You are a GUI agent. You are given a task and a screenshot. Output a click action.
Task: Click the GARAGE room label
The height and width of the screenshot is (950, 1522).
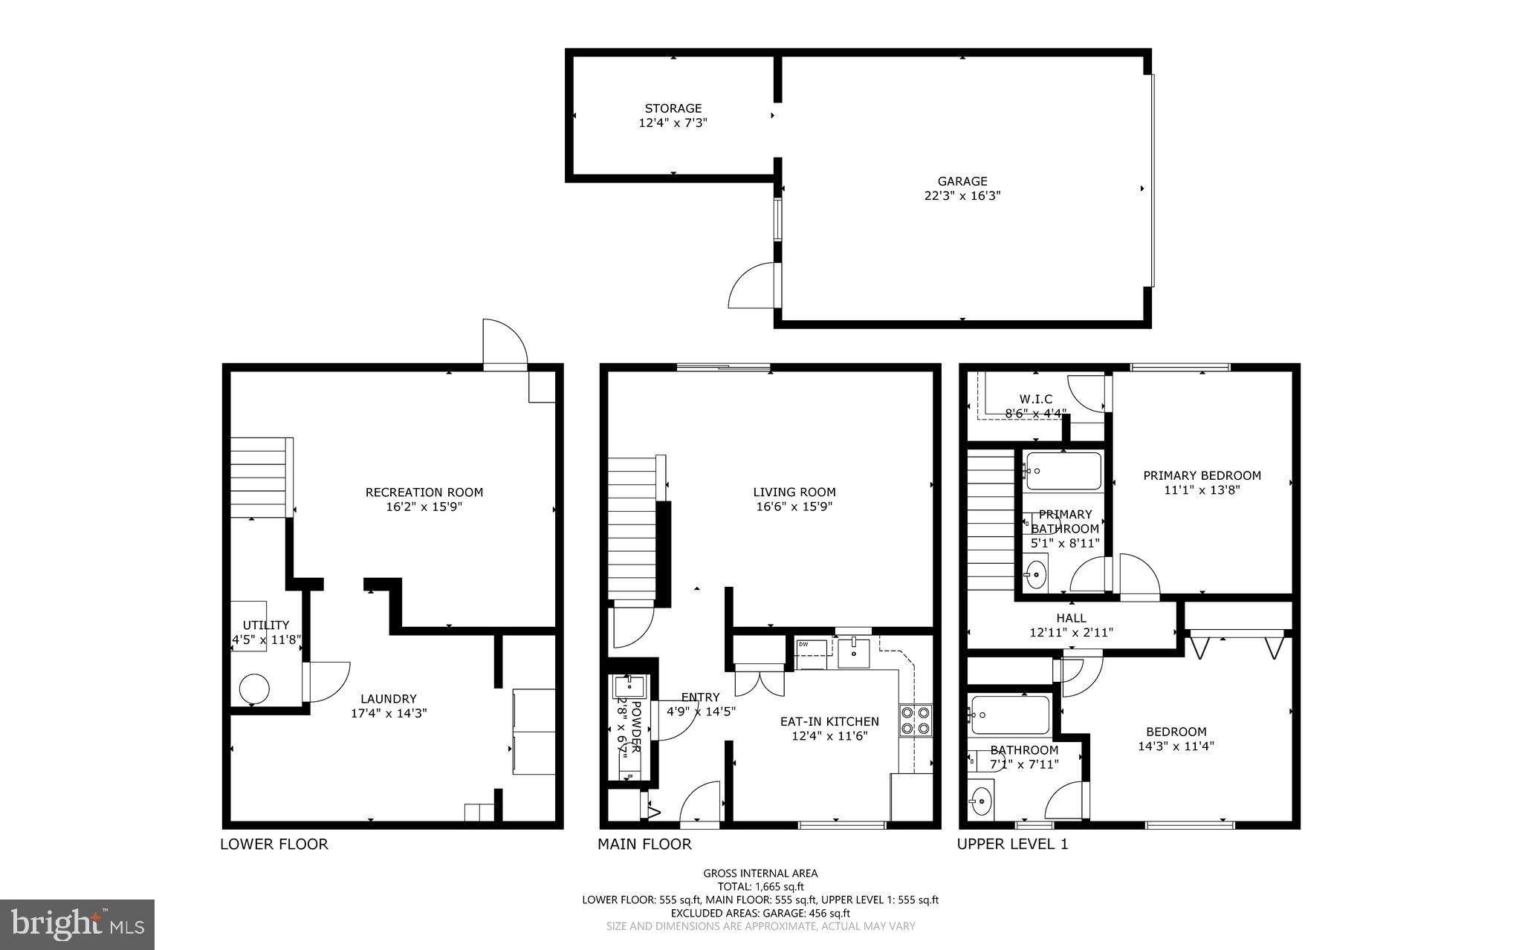962,181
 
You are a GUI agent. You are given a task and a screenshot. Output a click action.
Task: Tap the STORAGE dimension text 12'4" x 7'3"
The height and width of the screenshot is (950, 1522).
673,123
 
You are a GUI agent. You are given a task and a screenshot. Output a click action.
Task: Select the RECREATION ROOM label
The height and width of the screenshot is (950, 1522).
424,492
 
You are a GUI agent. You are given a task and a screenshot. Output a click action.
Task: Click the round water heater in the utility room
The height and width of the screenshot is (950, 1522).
253,689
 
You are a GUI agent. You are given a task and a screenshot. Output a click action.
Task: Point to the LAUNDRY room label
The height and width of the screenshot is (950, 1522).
388,699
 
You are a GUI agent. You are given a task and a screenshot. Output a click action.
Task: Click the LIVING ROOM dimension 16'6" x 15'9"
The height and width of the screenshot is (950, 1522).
794,507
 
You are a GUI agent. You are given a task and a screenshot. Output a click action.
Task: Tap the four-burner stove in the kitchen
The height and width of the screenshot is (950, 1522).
915,720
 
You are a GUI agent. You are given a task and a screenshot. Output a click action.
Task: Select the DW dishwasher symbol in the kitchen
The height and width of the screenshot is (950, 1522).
813,648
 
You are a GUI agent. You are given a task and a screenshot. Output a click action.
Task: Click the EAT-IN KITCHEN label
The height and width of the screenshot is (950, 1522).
829,721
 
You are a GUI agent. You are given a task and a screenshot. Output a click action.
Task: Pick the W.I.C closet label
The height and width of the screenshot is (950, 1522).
1035,400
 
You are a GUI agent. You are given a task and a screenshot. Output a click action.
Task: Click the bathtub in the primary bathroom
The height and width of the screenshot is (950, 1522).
1063,471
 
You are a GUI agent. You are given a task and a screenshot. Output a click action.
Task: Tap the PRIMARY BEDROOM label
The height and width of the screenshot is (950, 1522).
1201,475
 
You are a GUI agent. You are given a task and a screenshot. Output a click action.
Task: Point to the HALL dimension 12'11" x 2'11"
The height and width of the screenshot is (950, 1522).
1071,633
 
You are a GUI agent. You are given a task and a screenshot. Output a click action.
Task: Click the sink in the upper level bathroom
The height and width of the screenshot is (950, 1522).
981,801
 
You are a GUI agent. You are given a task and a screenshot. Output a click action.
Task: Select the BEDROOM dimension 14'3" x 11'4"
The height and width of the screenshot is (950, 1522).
1176,746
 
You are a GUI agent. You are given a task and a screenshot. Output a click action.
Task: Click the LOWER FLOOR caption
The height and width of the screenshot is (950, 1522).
273,844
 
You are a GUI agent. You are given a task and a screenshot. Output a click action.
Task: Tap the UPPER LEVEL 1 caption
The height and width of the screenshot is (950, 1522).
1012,844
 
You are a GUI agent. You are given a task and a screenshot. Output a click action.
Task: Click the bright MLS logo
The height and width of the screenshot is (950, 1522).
77,924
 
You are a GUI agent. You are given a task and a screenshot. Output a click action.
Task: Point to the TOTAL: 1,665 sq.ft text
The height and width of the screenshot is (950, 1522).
760,886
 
